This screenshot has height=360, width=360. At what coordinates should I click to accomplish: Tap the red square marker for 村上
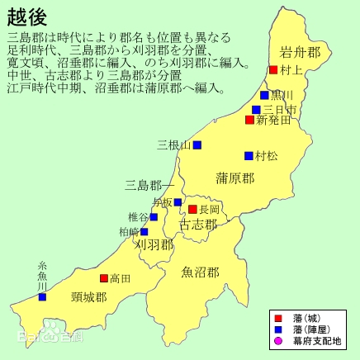(x=273, y=70)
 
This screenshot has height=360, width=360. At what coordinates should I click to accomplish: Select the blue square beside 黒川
(x=264, y=95)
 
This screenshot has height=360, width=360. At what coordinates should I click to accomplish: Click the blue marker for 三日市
(x=256, y=109)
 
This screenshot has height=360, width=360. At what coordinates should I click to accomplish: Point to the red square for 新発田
(x=249, y=121)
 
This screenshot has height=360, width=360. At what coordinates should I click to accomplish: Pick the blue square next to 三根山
(x=197, y=145)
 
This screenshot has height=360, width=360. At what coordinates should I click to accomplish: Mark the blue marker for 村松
(x=249, y=155)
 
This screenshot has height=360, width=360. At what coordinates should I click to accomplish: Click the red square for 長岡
(x=192, y=210)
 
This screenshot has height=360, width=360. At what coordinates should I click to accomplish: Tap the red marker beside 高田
(x=104, y=279)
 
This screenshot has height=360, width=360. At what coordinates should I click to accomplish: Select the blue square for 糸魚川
(x=42, y=296)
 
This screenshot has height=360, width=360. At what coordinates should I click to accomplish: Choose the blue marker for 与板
(x=178, y=202)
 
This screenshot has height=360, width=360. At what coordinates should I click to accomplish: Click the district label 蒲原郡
(x=234, y=178)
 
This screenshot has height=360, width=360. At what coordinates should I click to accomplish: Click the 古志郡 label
(x=198, y=224)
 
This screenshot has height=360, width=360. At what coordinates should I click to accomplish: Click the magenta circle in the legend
(x=277, y=341)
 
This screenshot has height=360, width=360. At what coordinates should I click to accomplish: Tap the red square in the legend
(x=277, y=318)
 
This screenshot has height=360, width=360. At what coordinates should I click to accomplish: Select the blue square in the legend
(x=277, y=329)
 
